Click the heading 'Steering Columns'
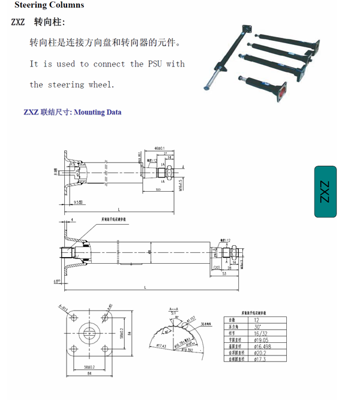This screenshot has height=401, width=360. (49, 5)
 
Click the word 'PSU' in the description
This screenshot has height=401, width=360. (154, 64)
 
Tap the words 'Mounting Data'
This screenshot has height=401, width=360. (97, 112)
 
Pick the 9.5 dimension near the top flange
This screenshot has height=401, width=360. (77, 203)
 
